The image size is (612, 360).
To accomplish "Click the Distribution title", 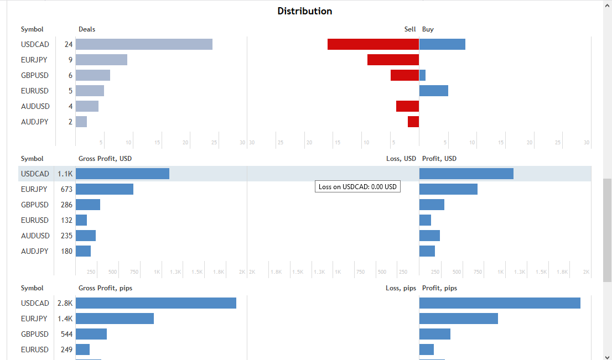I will (305, 11).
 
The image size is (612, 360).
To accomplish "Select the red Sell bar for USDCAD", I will (373, 44).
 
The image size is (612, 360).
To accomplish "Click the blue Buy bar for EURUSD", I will (434, 91).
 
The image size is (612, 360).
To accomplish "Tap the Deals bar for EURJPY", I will (101, 60).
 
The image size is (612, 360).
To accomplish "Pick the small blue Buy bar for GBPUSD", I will (423, 75).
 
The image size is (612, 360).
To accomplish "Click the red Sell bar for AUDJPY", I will (413, 122).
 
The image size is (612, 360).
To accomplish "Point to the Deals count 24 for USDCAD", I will (68, 44).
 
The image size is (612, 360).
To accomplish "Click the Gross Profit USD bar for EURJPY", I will (105, 189).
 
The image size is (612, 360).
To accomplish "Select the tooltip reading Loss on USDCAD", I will (357, 187).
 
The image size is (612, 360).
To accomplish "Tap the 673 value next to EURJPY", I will (66, 189).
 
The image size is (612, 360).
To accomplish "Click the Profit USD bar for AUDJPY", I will (427, 251).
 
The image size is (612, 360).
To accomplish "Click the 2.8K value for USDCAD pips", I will (65, 303).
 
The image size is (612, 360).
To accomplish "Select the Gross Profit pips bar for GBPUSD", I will (91, 334).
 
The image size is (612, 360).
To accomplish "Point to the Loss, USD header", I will (401, 159).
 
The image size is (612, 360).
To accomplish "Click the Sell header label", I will (409, 29).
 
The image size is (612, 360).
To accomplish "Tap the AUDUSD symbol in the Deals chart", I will (35, 106).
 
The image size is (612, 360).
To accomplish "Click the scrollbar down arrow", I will (607, 356).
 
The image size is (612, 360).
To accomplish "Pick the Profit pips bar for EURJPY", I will (459, 319).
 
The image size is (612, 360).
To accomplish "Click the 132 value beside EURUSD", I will (66, 220).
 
